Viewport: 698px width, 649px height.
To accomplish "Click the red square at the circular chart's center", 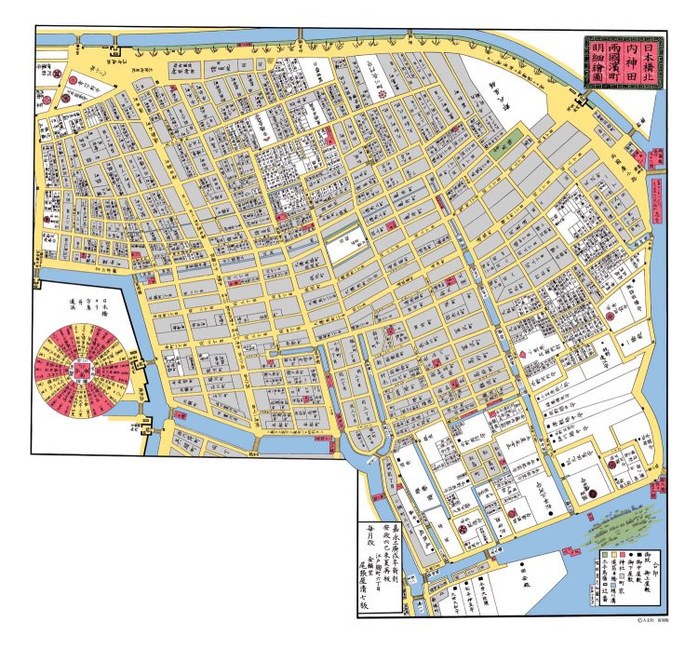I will pos(83,370).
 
